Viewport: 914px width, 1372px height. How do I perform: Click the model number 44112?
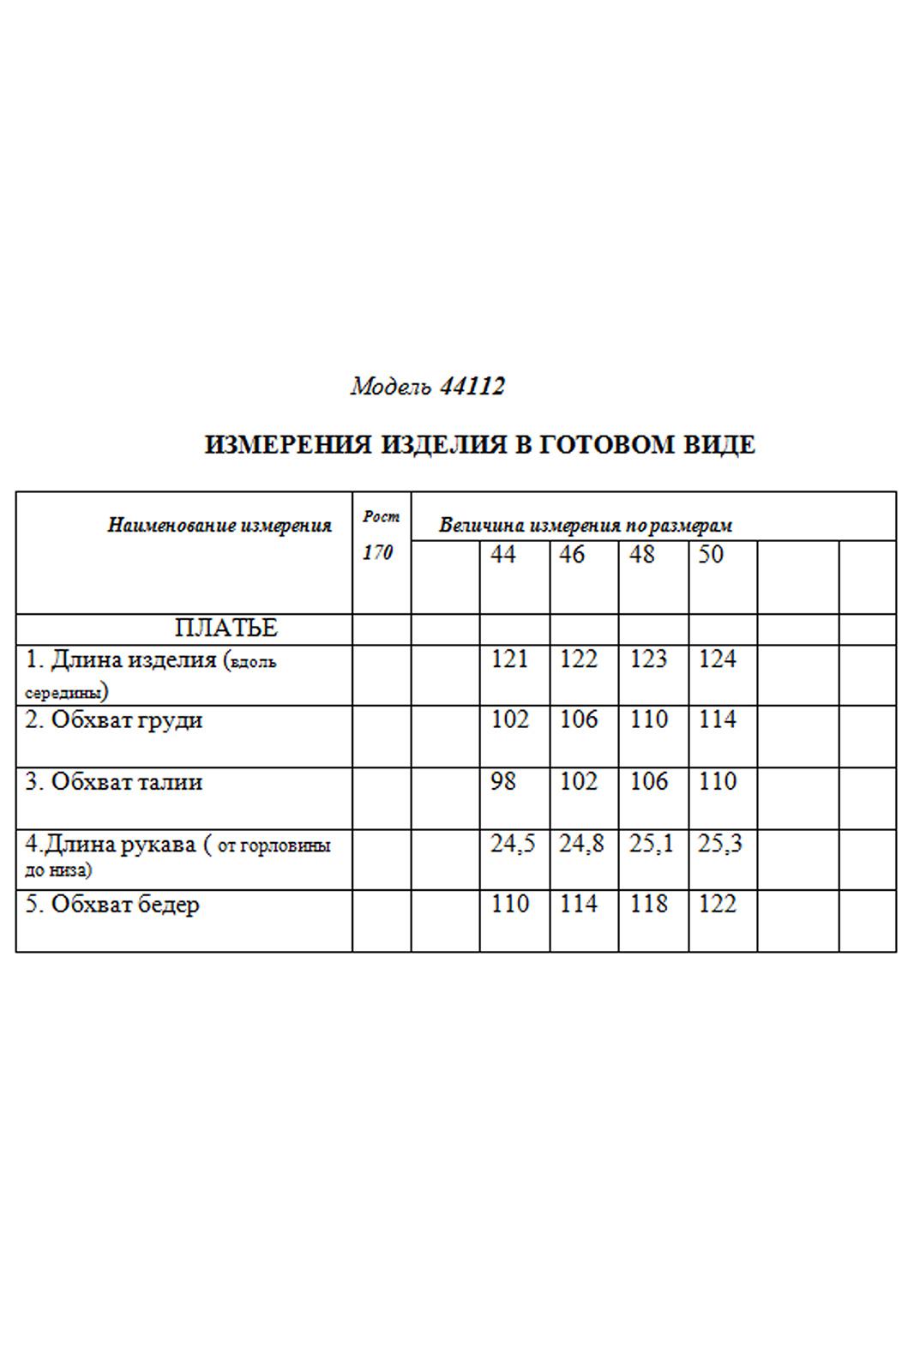[472, 387]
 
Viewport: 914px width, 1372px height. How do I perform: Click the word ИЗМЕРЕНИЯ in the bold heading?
[288, 445]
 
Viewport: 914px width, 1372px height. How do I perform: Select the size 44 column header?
[503, 555]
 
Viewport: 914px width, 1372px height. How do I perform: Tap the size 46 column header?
[572, 555]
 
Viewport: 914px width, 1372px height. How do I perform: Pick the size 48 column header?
[641, 555]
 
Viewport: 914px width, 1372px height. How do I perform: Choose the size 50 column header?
[711, 555]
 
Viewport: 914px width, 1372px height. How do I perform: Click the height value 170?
[377, 553]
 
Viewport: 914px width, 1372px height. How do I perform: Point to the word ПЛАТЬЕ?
[226, 629]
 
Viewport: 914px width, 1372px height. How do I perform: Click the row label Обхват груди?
[114, 720]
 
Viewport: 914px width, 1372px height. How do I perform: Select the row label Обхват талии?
[114, 782]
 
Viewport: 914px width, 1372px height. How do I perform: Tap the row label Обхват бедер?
[112, 905]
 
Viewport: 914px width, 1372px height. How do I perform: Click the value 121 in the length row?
[510, 659]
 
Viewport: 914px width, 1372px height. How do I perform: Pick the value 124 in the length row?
[718, 659]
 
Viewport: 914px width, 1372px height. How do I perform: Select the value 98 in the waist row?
[503, 782]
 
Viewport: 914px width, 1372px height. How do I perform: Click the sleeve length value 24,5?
[513, 845]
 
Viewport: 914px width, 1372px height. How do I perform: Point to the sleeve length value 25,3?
[720, 845]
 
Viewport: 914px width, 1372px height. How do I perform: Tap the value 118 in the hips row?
[648, 905]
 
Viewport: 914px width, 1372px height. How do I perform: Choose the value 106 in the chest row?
[579, 720]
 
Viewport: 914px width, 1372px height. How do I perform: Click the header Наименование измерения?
[219, 526]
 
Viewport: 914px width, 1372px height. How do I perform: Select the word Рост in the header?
[381, 516]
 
